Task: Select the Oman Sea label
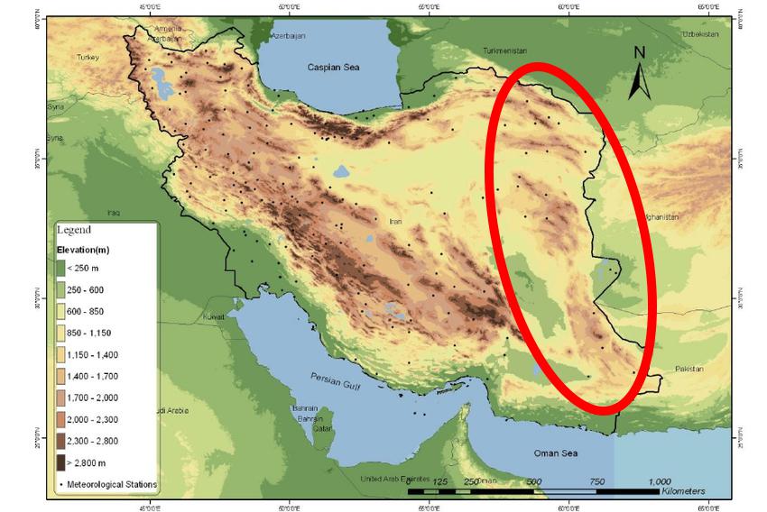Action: [551, 453]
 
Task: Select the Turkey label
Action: [88, 57]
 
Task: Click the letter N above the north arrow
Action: [639, 52]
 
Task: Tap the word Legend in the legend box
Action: [74, 231]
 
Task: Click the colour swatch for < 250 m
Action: [60, 268]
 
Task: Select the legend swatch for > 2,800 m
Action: [60, 462]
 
